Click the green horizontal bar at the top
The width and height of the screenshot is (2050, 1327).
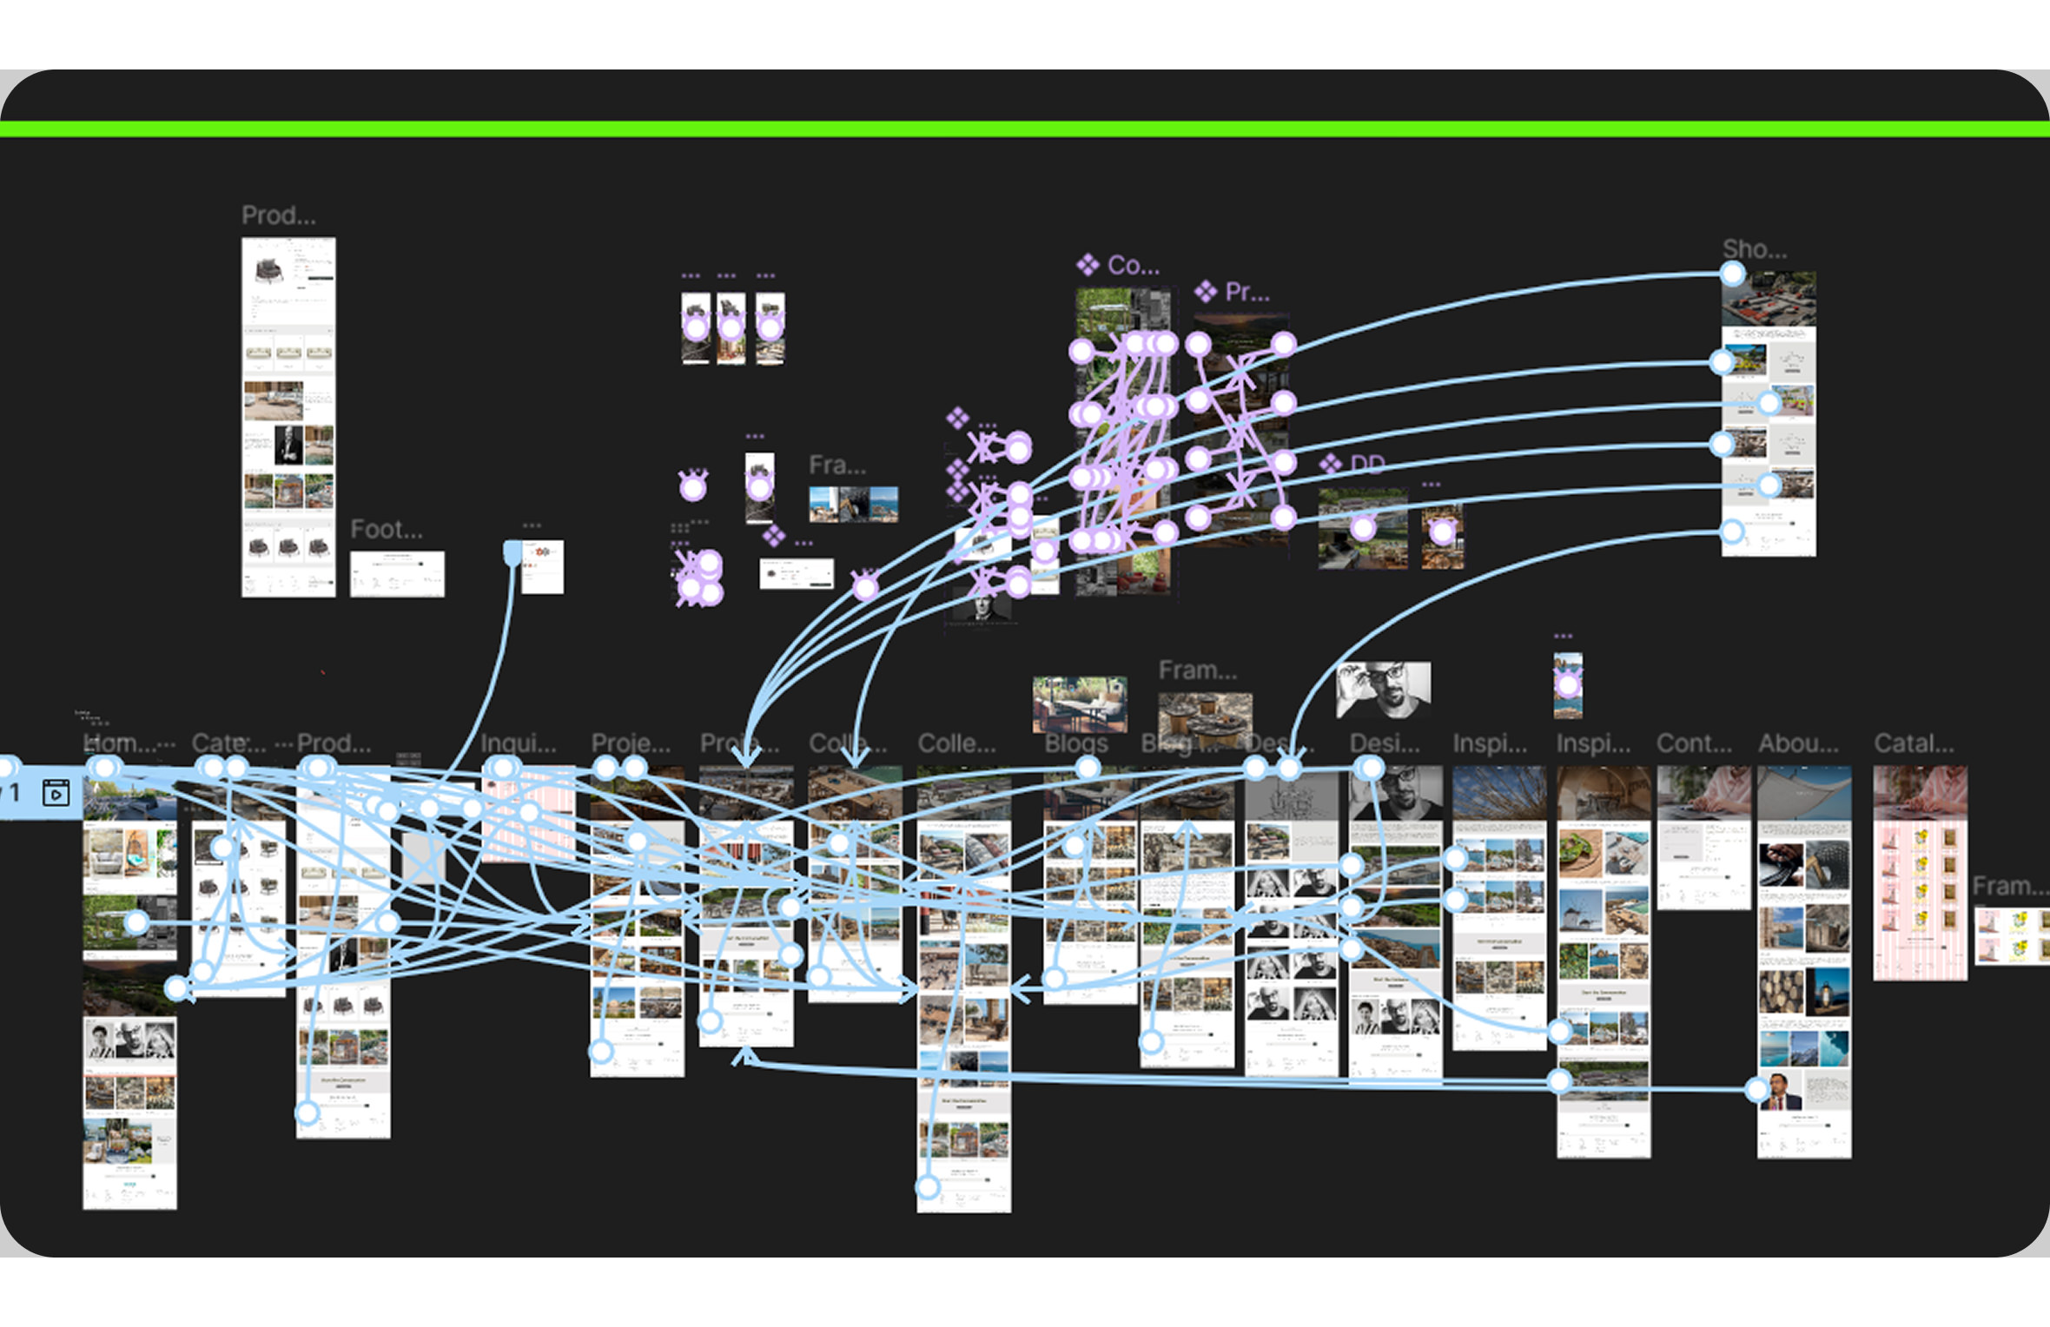click(x=1025, y=129)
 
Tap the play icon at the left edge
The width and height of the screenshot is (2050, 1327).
click(x=56, y=793)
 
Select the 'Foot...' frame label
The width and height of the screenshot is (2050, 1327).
click(x=387, y=529)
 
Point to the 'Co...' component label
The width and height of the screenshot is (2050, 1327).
click(x=1133, y=265)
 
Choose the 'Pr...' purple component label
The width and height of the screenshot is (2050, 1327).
click(x=1247, y=293)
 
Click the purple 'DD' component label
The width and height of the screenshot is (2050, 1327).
click(x=1367, y=465)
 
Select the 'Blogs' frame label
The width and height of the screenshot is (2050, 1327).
click(x=1076, y=743)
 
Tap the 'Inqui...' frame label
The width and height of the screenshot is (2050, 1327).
click(x=519, y=743)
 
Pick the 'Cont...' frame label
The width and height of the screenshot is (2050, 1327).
click(x=1694, y=743)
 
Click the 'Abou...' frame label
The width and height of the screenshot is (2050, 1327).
click(x=1798, y=743)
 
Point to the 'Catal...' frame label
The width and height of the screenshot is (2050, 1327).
click(x=1914, y=743)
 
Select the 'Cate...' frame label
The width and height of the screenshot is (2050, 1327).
click(x=228, y=743)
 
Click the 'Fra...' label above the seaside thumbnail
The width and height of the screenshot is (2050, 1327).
click(x=837, y=465)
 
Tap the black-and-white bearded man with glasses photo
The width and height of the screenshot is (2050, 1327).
click(x=1383, y=690)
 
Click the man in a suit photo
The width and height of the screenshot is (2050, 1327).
click(x=1782, y=1091)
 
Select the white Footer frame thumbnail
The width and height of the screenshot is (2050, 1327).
click(x=397, y=574)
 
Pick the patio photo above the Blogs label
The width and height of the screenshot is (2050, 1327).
click(x=1080, y=704)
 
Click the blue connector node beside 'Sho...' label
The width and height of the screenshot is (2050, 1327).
click(x=1732, y=274)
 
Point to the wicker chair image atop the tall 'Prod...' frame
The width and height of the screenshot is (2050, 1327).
click(x=268, y=269)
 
